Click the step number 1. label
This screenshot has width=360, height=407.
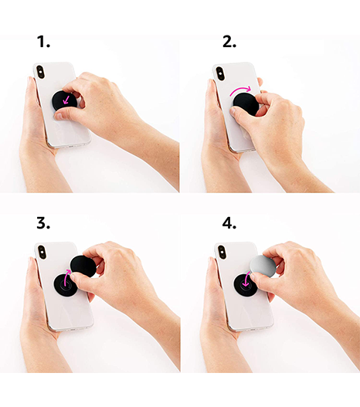(43, 42)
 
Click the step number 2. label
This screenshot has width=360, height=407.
(229, 42)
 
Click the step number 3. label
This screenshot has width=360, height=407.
(43, 223)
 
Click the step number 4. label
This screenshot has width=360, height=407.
(229, 223)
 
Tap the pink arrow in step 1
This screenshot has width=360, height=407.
(66, 100)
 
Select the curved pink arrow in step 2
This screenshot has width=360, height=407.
(240, 90)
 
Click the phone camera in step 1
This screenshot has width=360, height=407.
(40, 72)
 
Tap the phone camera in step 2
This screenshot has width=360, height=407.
(220, 73)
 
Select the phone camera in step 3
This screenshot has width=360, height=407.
(42, 252)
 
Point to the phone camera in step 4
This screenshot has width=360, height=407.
(222, 252)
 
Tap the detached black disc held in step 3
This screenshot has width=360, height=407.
(83, 266)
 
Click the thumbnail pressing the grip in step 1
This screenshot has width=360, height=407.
(59, 116)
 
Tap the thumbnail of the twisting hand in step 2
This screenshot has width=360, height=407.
(233, 112)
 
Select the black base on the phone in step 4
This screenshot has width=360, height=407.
(245, 284)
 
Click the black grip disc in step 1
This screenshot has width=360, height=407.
(64, 101)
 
